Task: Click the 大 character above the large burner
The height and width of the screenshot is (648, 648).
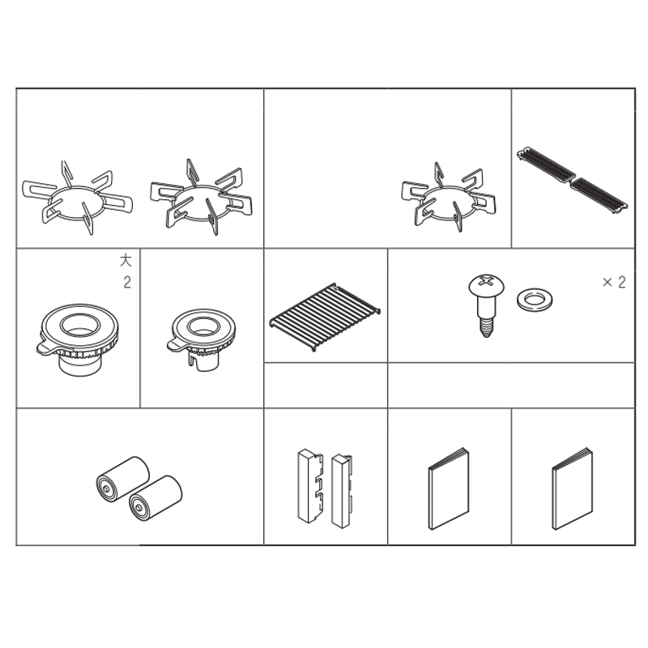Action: click(126, 260)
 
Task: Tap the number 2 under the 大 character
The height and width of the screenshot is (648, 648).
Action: click(127, 282)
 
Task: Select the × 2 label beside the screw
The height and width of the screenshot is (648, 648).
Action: click(614, 282)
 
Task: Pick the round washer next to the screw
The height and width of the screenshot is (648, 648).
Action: click(535, 300)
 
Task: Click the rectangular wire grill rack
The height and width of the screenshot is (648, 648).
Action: click(325, 317)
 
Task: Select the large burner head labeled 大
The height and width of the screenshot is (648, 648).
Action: click(79, 339)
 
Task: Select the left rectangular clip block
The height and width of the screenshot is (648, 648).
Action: click(310, 486)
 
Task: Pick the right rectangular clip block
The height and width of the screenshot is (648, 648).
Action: click(342, 492)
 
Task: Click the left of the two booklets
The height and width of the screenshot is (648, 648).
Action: click(449, 488)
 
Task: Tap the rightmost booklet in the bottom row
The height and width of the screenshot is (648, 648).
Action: click(573, 488)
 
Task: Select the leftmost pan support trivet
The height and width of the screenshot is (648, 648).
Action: click(77, 198)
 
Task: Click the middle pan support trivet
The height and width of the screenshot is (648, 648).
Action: click(201, 197)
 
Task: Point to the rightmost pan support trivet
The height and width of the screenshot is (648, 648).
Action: click(449, 197)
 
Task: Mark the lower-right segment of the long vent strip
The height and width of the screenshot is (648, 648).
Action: click(599, 196)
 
